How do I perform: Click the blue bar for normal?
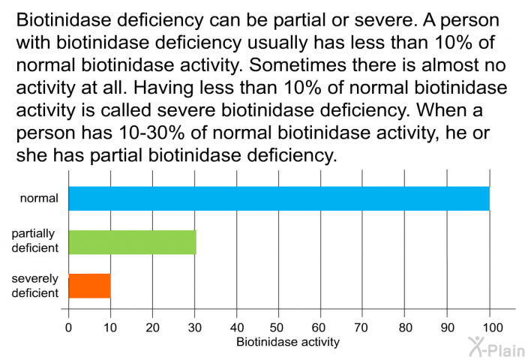tap(278, 199)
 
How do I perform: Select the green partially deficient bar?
tap(132, 242)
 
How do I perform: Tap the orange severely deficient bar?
tap(89, 286)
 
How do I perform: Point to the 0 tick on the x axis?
tap(68, 327)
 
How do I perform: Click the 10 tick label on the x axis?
tap(110, 327)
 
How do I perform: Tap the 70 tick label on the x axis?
tap(363, 327)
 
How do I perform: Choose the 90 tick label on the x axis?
tap(447, 327)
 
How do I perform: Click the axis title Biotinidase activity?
tap(287, 342)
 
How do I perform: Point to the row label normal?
tap(39, 199)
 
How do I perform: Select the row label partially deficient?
tap(35, 241)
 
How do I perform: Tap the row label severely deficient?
tap(35, 286)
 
